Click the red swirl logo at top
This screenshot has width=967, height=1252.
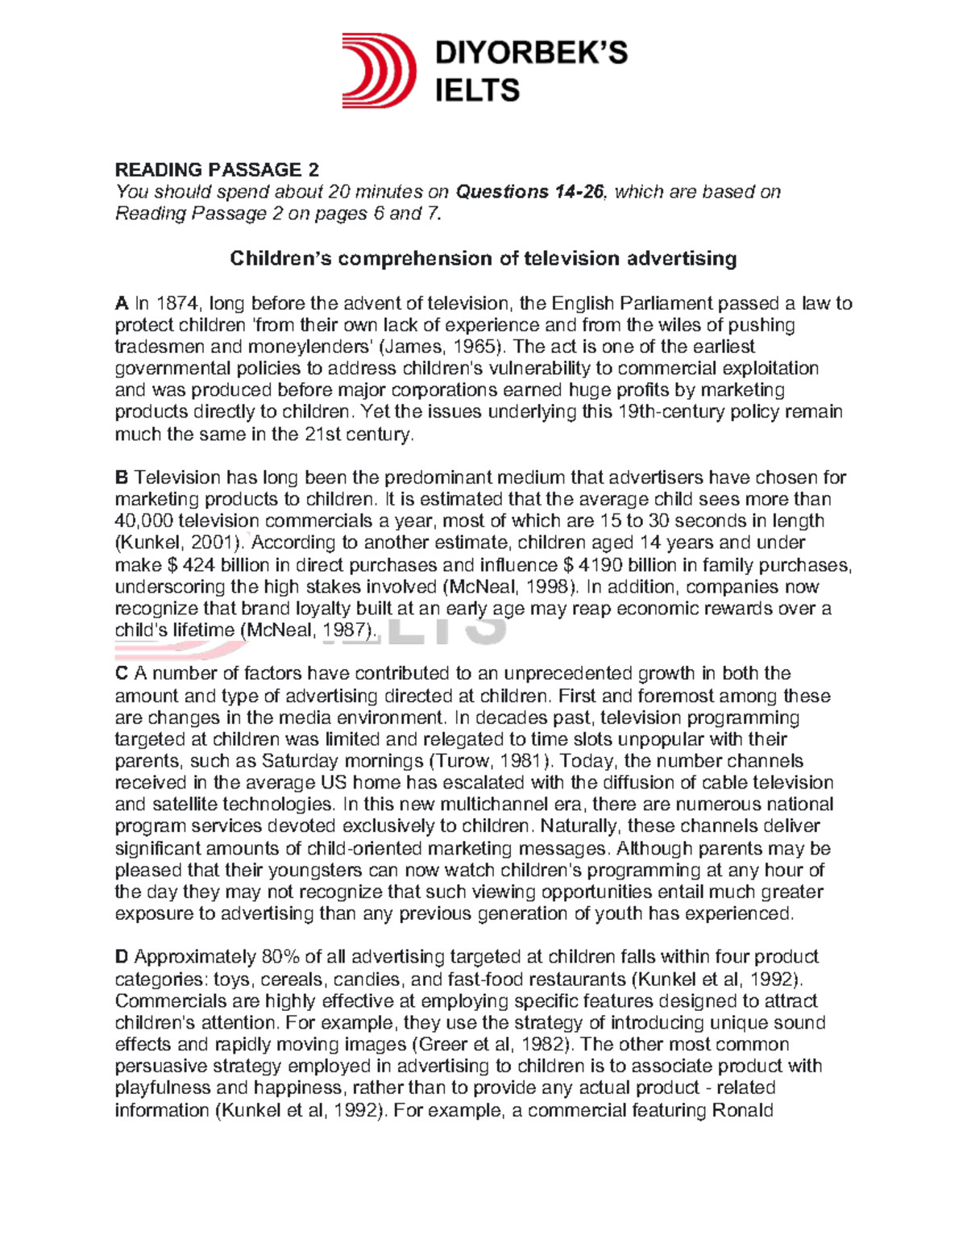pyautogui.click(x=379, y=71)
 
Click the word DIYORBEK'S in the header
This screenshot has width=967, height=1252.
pyautogui.click(x=531, y=53)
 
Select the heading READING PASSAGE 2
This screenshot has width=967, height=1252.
pyautogui.click(x=217, y=169)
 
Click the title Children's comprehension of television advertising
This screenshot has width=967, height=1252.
pyautogui.click(x=483, y=258)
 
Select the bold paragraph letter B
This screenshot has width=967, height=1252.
pyautogui.click(x=122, y=478)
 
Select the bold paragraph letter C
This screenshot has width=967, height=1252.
pyautogui.click(x=122, y=674)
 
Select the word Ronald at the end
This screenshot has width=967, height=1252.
pyautogui.click(x=743, y=1111)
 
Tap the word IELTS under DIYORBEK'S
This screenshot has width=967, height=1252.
pyautogui.click(x=477, y=91)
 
